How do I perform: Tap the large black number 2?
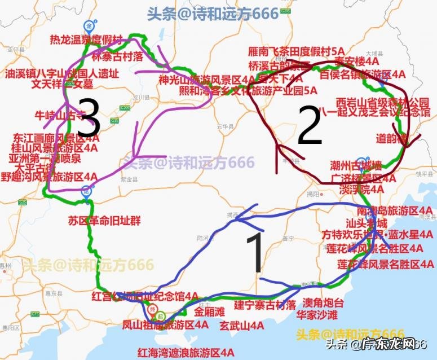tap(309, 129)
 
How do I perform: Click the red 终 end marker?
tap(152, 310)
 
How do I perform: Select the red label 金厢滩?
tap(210, 311)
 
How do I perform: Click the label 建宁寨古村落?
tap(265, 305)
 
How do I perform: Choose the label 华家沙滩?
tap(317, 315)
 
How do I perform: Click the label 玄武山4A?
tap(242, 325)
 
